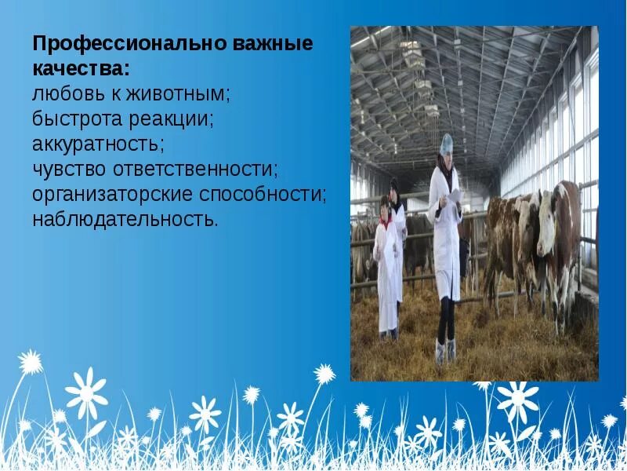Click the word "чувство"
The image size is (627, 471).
click(67, 169)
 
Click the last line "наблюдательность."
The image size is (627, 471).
click(125, 218)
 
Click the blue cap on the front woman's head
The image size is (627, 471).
click(447, 143)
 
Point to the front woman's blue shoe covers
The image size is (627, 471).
click(444, 351)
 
